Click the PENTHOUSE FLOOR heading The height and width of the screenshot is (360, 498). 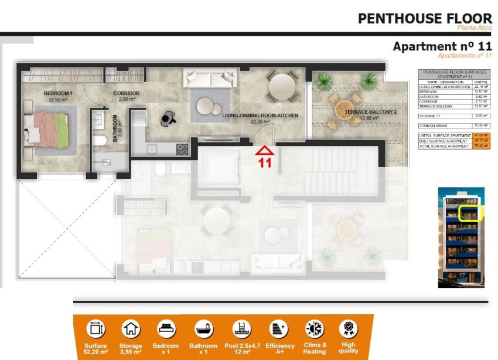tap(425, 18)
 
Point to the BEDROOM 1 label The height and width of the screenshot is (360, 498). tap(58, 94)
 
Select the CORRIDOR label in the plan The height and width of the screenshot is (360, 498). tap(126, 93)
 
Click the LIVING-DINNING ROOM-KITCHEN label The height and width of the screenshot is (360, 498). tap(260, 116)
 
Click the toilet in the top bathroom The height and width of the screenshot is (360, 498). tap(101, 139)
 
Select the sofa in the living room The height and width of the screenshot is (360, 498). tap(201, 78)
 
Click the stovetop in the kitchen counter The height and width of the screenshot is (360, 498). tap(182, 149)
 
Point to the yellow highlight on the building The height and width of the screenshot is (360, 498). tap(469, 213)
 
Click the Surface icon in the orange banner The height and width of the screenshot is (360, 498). tap(95, 330)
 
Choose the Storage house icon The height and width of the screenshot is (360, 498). tap(131, 330)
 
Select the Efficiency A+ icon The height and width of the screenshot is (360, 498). tap(277, 330)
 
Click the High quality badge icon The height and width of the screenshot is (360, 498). tap(348, 329)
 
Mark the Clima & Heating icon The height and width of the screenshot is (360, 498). tap(314, 330)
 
